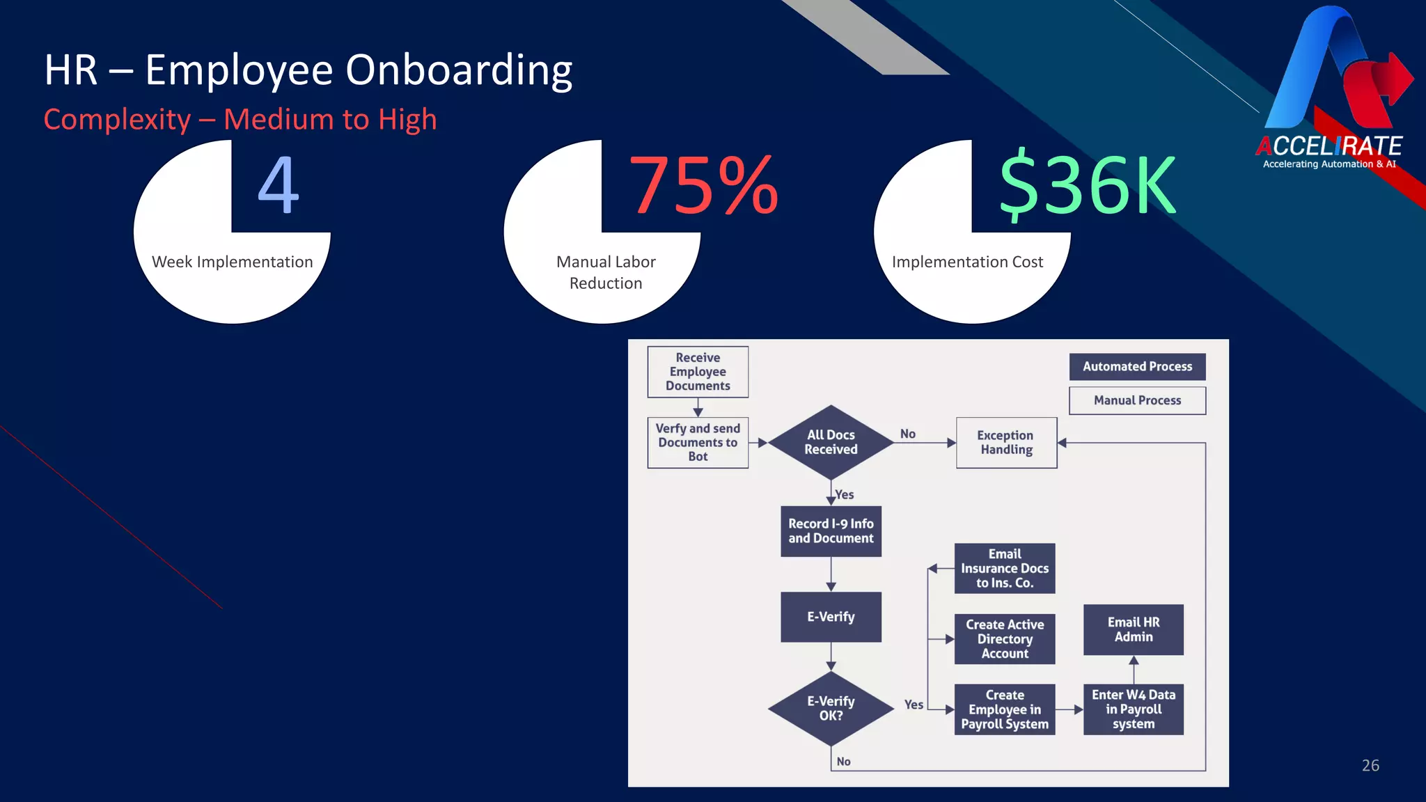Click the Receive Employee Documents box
pos(698,372)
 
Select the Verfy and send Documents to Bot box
pos(698,443)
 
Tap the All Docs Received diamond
pos(831,442)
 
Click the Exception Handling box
pos(1006,443)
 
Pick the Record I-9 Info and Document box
pos(831,531)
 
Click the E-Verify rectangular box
pos(831,617)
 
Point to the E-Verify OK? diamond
pos(831,709)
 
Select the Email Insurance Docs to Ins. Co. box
pos(1005,569)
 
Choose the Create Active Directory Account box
pos(1005,639)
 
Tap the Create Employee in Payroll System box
pos(1005,709)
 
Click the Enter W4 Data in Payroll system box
pos(1134,709)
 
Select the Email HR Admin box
pos(1134,630)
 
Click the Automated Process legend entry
pos(1137,367)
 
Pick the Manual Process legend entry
pos(1137,400)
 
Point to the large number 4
pos(279,185)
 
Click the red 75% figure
pos(703,185)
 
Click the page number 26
pos(1370,766)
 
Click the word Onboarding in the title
pos(459,70)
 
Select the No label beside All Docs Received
pos(908,434)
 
